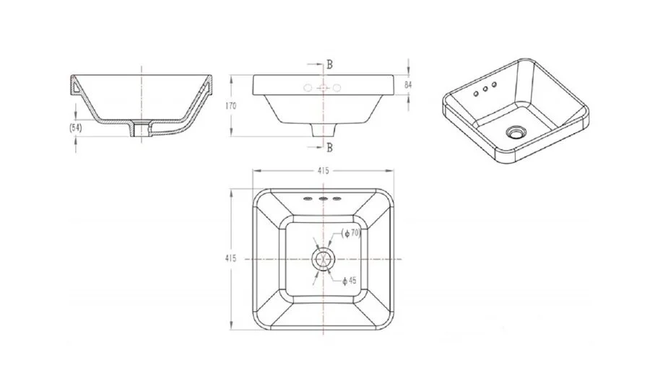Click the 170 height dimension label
pos(231,105)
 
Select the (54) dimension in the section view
pos(75,127)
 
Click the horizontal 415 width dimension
pos(322,171)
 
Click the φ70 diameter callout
pos(352,233)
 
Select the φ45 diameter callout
pos(350,280)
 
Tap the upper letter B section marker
pos(329,63)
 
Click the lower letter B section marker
pos(329,148)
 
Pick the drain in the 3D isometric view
pos(516,132)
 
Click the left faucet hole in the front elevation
pos(308,89)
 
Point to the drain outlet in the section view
pos(142,129)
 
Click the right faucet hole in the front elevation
pos(337,89)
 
